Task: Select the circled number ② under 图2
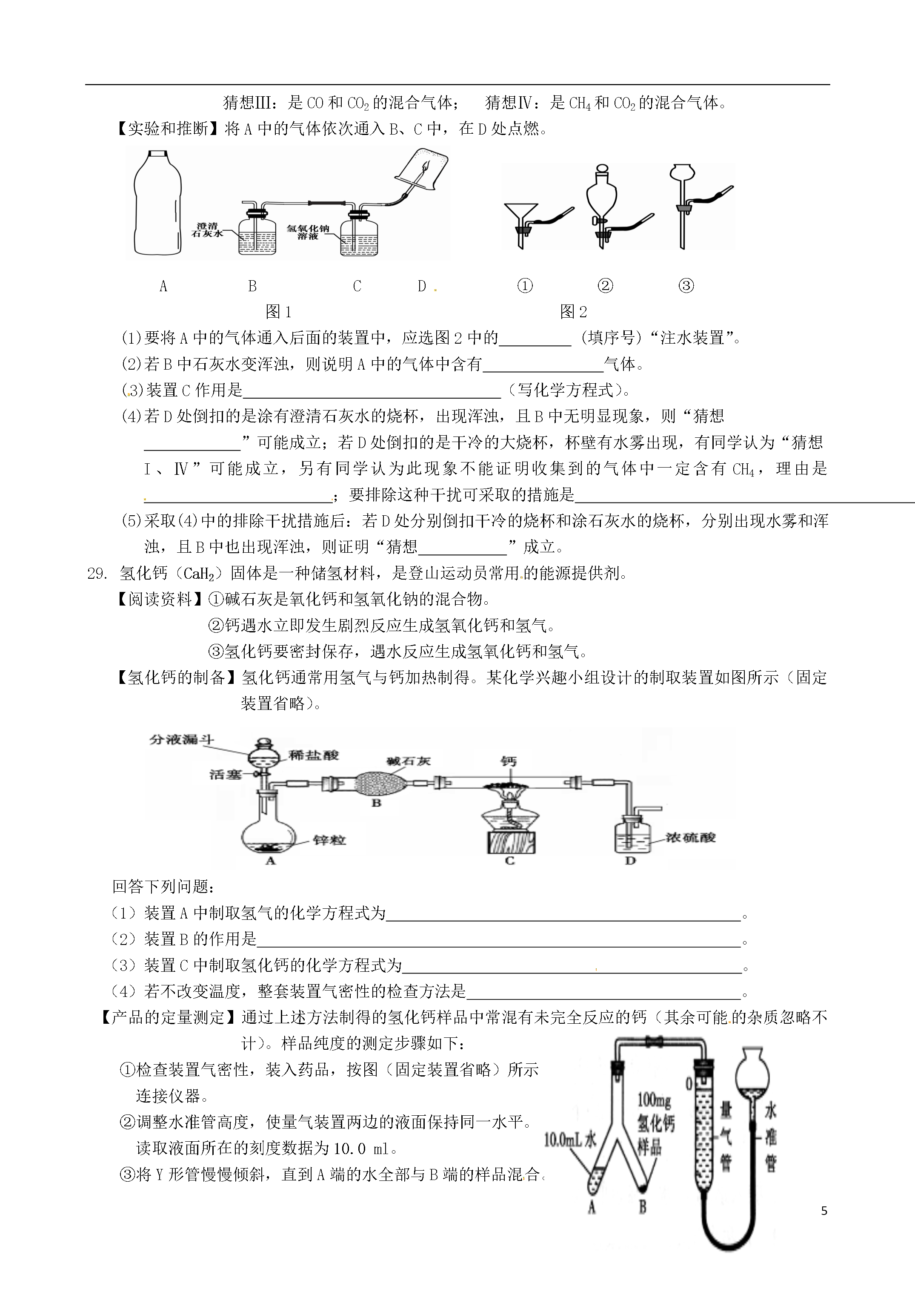point(605,286)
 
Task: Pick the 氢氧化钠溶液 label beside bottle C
point(308,233)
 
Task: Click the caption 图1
point(278,311)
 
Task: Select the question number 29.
point(97,574)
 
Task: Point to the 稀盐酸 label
point(314,755)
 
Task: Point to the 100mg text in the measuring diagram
point(654,1099)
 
